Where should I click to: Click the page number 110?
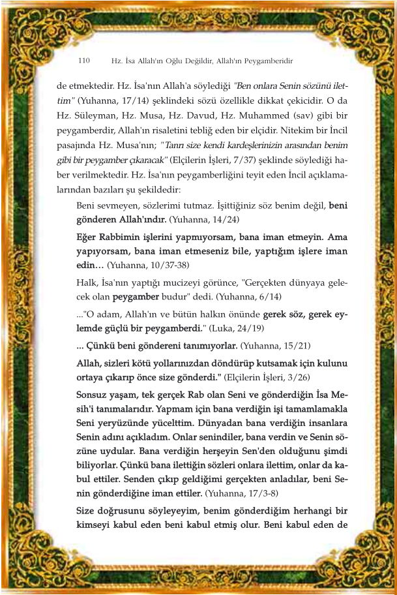tap(83, 61)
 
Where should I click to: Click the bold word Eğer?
tap(88, 236)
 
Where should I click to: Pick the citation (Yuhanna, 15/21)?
tap(278, 344)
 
